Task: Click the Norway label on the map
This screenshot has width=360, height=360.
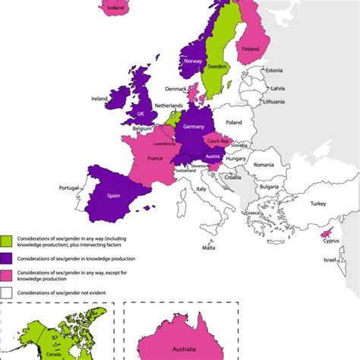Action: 193,62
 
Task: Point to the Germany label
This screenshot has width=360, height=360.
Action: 194,126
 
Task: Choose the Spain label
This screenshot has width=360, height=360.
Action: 113,194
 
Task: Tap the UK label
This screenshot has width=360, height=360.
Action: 141,113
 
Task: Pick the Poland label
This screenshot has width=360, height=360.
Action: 233,122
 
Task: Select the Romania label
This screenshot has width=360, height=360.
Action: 264,164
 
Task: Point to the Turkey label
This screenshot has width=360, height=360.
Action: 318,204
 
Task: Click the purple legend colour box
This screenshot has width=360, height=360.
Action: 6,259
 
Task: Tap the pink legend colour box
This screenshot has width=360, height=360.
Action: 6,274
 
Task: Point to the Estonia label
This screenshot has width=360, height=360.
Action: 275,71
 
